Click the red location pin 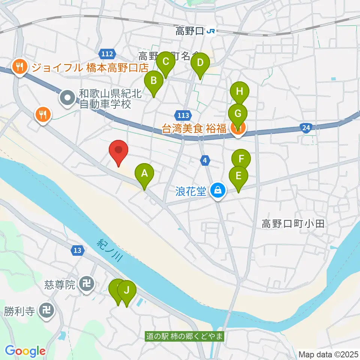point(118,151)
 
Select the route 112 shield point(107,54)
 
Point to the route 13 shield point(77,250)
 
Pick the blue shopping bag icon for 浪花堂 point(217,191)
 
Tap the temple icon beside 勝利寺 point(48,311)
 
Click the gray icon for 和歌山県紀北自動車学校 point(67,98)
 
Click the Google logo point(25,351)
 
